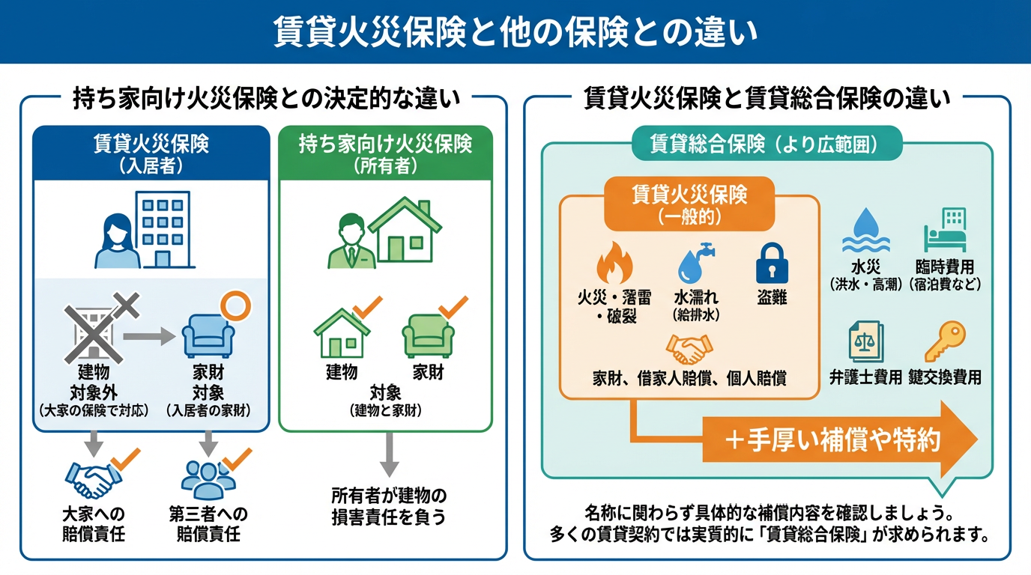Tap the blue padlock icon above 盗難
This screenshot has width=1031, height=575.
click(x=772, y=263)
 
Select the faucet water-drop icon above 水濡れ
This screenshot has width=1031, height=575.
click(x=694, y=263)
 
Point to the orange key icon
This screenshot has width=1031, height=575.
click(x=944, y=341)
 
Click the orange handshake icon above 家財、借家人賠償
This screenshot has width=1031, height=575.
click(x=689, y=348)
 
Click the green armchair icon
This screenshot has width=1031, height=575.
click(x=428, y=335)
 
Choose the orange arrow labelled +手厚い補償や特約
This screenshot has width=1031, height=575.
click(x=839, y=439)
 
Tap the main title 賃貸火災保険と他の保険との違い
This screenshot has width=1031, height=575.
click(x=515, y=33)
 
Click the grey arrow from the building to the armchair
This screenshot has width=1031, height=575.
click(x=147, y=336)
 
